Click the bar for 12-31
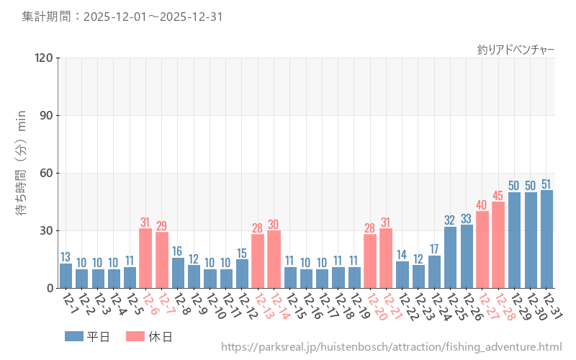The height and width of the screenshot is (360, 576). tap(547, 239)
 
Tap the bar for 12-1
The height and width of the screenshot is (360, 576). tap(66, 276)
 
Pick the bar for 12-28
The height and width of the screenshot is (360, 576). tap(498, 245)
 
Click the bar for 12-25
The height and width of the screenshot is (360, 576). tap(451, 257)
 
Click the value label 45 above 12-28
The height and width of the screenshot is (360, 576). tap(498, 195)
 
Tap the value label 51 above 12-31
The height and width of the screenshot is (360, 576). tap(547, 184)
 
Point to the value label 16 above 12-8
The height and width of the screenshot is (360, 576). tap(178, 251)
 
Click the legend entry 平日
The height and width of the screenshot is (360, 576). tap(86, 336)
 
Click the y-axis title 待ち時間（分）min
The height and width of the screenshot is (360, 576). tap(22, 173)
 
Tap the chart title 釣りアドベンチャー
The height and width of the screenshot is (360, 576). tap(516, 50)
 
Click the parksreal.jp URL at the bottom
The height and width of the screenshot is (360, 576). tap(391, 348)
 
